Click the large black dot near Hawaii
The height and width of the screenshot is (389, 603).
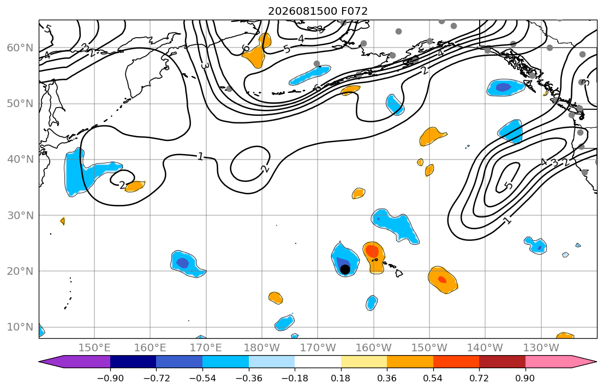(345, 269)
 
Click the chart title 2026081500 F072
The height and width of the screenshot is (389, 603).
(318, 11)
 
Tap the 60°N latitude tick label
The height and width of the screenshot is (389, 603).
(20, 48)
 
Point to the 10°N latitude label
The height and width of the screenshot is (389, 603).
(20, 327)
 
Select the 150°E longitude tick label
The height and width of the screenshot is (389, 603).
(94, 348)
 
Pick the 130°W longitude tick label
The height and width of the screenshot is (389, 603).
(541, 348)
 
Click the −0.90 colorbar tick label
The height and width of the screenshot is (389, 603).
(110, 378)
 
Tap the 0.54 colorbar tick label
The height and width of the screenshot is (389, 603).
(433, 378)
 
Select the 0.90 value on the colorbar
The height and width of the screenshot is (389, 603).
(526, 378)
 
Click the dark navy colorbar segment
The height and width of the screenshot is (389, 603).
(133, 362)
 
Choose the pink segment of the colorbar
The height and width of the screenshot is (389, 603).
(548, 362)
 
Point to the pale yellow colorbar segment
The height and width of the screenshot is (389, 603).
(364, 362)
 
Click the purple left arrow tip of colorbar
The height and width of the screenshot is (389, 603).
(40, 362)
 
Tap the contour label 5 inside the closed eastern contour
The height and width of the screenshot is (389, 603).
(509, 186)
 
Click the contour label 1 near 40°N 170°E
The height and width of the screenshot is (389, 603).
(200, 156)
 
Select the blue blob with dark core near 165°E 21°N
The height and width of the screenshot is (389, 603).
(187, 264)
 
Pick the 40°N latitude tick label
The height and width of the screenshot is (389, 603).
(20, 160)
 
